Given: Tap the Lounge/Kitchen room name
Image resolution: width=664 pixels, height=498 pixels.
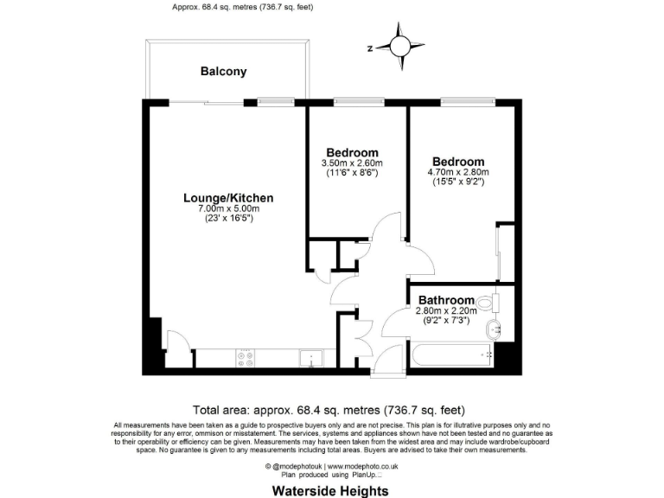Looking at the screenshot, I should [228, 198].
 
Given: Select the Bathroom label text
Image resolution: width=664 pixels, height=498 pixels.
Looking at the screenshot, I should [446, 300].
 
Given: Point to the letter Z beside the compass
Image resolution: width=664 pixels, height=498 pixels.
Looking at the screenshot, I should [370, 48].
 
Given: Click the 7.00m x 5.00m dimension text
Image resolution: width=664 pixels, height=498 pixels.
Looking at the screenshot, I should [229, 209].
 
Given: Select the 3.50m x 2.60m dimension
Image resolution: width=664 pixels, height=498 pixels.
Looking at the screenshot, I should [352, 163].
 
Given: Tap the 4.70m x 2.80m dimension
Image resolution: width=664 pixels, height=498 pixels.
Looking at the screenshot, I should [458, 171].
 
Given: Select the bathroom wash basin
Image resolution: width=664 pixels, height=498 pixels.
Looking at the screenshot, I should [494, 329].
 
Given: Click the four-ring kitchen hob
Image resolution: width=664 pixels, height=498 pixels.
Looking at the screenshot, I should [246, 356].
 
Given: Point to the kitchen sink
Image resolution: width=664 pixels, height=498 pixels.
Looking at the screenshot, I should [310, 357].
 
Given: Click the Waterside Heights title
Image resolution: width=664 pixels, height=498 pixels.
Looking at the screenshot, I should [331, 489].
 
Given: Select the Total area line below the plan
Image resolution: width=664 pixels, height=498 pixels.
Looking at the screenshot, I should [333, 410].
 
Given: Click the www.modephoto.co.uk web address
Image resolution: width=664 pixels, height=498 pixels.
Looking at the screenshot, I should [361, 466].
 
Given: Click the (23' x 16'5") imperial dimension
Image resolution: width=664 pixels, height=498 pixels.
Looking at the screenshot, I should [229, 219].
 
